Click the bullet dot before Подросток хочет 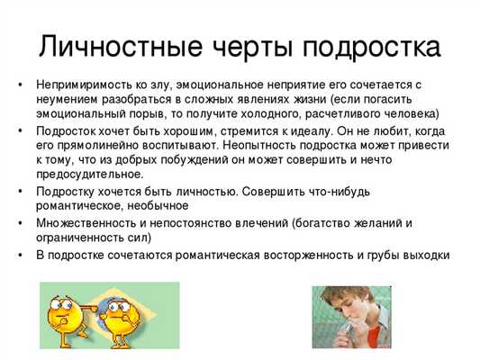[x=20, y=130]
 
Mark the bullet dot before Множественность [x=20, y=223]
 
